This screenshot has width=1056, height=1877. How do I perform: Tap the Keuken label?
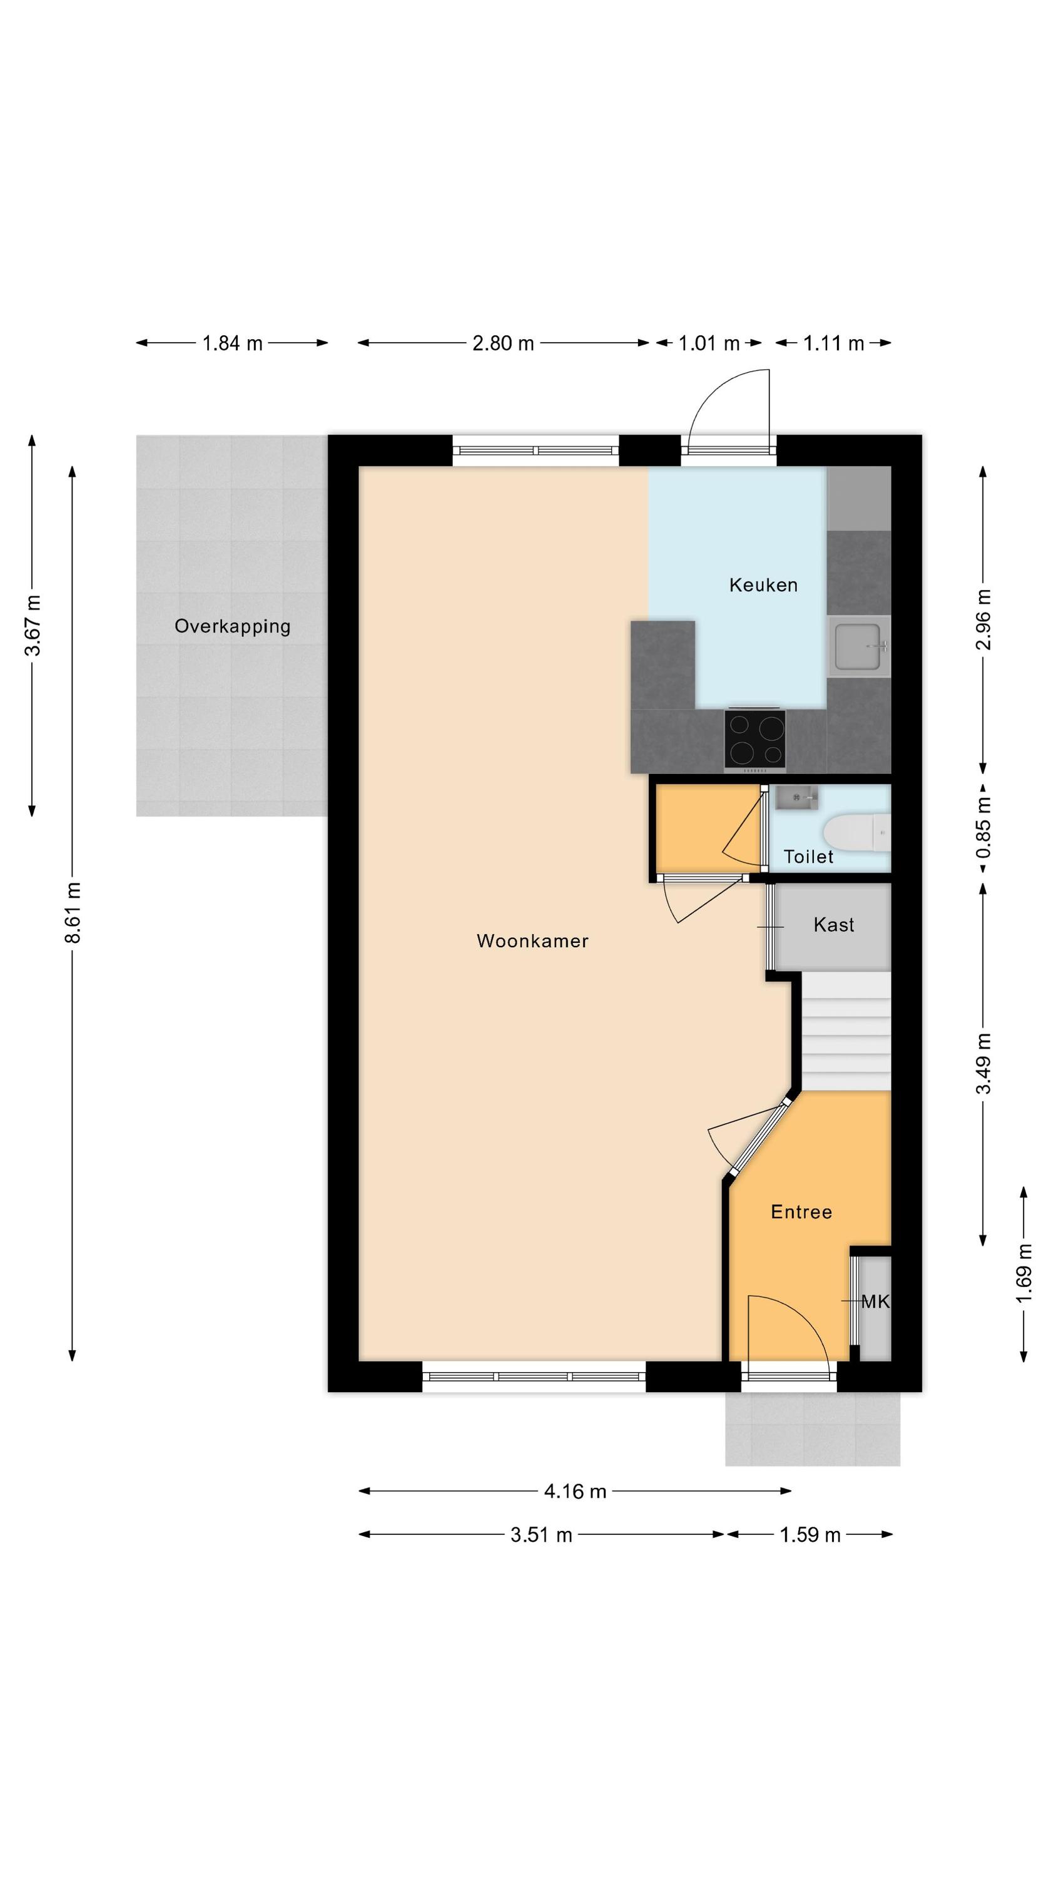pyautogui.click(x=763, y=584)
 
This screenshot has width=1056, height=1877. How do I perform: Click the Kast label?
pyautogui.click(x=834, y=924)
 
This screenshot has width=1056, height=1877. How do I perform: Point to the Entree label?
pyautogui.click(x=801, y=1212)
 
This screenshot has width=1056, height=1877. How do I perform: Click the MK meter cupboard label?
pyautogui.click(x=875, y=1301)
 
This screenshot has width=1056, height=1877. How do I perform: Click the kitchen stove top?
pyautogui.click(x=755, y=739)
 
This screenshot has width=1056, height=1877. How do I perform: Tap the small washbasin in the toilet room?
pyautogui.click(x=796, y=798)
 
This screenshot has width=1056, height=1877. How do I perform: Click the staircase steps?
pyautogui.click(x=846, y=1032)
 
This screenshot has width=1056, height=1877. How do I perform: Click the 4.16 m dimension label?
pyautogui.click(x=575, y=1491)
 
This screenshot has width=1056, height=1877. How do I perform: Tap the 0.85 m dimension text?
pyautogui.click(x=983, y=828)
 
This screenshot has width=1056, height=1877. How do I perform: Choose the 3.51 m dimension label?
pyautogui.click(x=541, y=1535)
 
